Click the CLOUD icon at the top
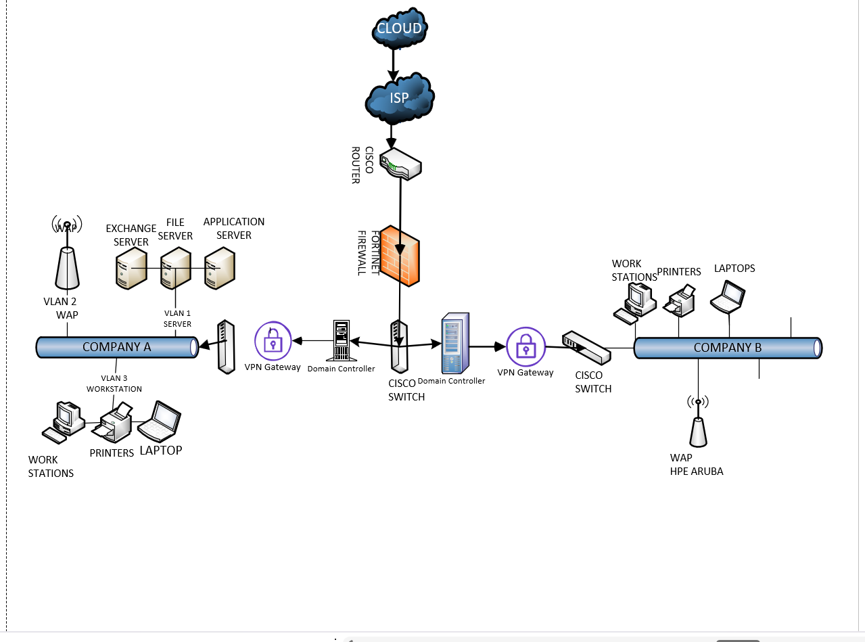[399, 28]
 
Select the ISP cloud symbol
[399, 98]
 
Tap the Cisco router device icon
[400, 164]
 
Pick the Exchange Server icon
[131, 269]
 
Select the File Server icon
[175, 269]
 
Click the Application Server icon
[220, 269]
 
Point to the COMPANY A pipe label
[116, 347]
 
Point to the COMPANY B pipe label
[727, 348]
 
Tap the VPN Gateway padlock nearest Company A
[273, 342]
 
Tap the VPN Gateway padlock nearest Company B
[525, 347]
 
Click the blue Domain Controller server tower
[455, 343]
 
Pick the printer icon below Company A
[114, 423]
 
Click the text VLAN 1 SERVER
[178, 319]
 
